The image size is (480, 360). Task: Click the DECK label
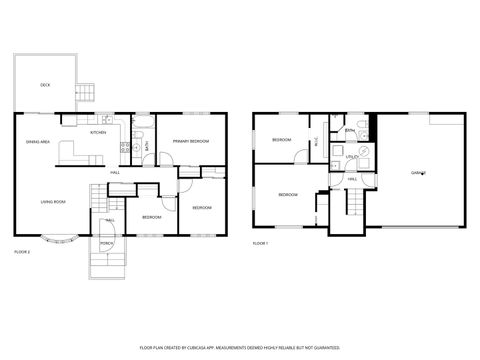[45, 85]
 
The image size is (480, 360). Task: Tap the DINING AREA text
[38, 143]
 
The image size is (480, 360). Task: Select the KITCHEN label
[99, 133]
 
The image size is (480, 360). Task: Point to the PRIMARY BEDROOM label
[190, 142]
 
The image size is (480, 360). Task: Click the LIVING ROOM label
[53, 202]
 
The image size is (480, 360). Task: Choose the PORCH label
[106, 243]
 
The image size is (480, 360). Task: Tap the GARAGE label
[418, 173]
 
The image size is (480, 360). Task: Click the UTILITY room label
[352, 157]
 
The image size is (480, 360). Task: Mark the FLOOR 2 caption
[22, 251]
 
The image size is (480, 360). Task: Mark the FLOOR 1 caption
[260, 243]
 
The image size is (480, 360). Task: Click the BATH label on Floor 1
[349, 132]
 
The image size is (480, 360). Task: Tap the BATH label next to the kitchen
[146, 147]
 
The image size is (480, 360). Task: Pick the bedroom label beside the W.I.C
[281, 140]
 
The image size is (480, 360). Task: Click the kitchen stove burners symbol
[125, 150]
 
